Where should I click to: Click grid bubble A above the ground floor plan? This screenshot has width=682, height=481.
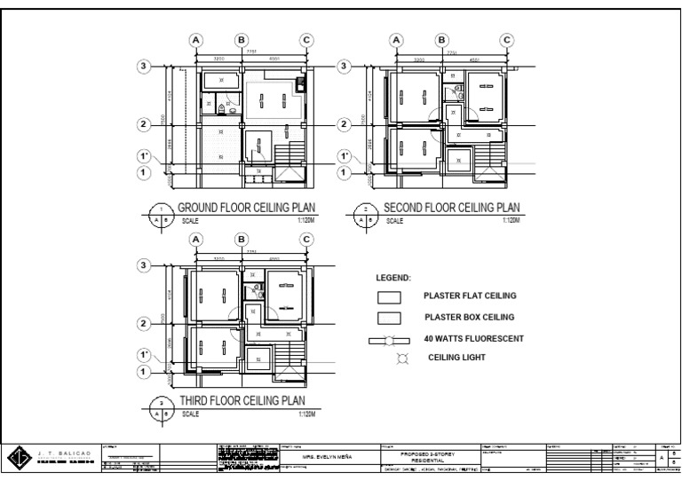point(196,40)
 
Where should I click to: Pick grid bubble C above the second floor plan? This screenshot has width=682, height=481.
point(506,40)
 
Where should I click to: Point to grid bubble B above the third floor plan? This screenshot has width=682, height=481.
point(241,239)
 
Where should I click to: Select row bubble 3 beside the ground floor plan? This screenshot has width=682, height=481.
point(143,67)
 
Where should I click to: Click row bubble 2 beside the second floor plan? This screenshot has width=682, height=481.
point(344,124)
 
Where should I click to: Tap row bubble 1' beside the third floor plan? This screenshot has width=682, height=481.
point(143,355)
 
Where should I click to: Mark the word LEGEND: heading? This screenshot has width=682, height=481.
point(393,278)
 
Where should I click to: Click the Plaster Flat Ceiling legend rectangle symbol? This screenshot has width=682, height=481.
point(389,297)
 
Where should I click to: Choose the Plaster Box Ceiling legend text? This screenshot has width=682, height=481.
point(469,317)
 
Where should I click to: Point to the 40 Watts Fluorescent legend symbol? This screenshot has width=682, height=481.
point(389,340)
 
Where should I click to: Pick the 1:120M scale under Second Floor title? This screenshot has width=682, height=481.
point(511,219)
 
